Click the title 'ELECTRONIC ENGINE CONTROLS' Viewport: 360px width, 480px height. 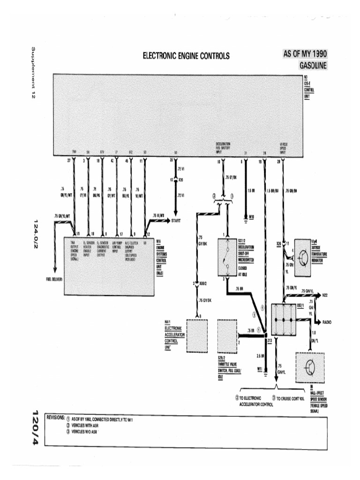pos(186,56)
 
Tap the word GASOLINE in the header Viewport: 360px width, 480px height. pos(313,65)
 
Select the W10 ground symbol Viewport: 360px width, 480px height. pos(247,217)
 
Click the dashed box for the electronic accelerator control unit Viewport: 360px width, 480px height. pos(200,335)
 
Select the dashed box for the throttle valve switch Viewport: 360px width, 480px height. pos(228,335)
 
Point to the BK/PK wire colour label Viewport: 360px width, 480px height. pos(97,193)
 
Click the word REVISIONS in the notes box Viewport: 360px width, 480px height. pos(55,417)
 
